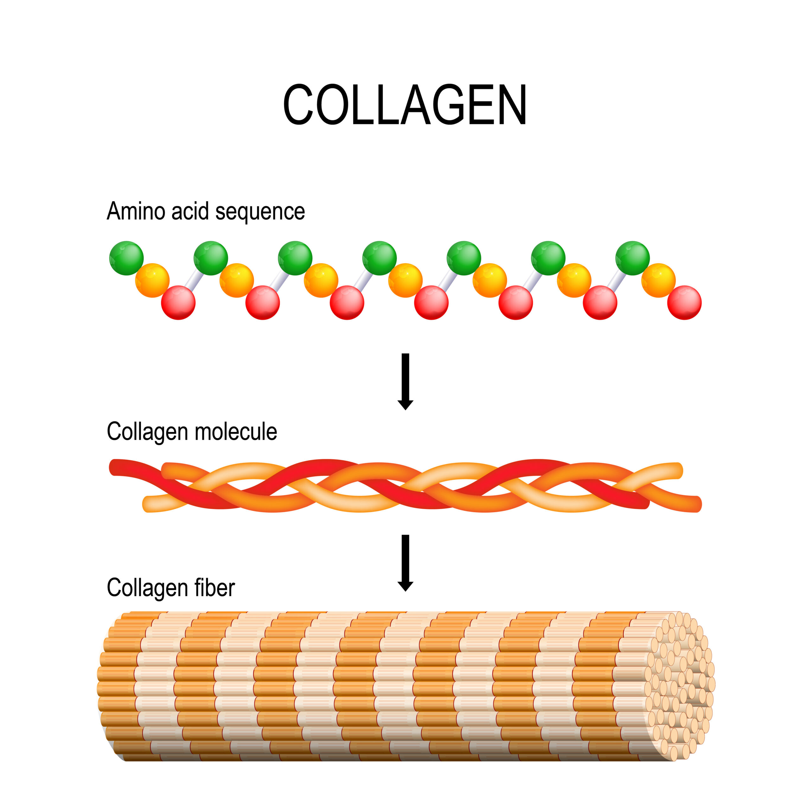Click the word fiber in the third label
(214, 588)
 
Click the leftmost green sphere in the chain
(126, 258)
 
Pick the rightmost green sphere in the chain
(632, 258)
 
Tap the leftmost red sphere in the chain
(178, 303)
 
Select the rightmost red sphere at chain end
(684, 303)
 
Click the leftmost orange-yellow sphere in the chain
(152, 280)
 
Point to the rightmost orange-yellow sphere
(658, 280)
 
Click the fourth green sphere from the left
(380, 258)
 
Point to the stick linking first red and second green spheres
(194, 280)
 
